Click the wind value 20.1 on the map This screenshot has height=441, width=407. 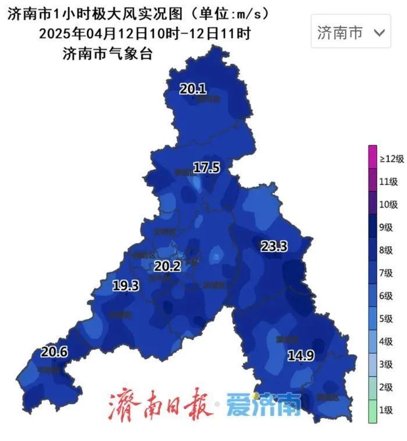(192, 89)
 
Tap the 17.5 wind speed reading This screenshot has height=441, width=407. (206, 168)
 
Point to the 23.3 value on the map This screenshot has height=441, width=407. (273, 246)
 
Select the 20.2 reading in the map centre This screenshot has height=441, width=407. (167, 267)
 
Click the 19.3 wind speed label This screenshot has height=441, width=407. (126, 286)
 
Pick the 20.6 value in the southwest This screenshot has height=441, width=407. (54, 352)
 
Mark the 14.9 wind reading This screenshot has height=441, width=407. (301, 355)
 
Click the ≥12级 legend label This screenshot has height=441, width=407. (392, 159)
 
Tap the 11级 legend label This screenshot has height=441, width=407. (388, 182)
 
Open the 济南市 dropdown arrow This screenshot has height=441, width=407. (379, 33)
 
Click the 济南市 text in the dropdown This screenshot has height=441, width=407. (340, 33)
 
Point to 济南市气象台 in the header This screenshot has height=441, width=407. (107, 54)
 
